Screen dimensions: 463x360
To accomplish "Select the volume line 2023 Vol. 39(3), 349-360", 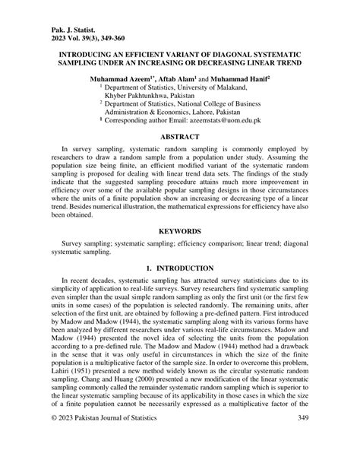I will pos(81,24).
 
